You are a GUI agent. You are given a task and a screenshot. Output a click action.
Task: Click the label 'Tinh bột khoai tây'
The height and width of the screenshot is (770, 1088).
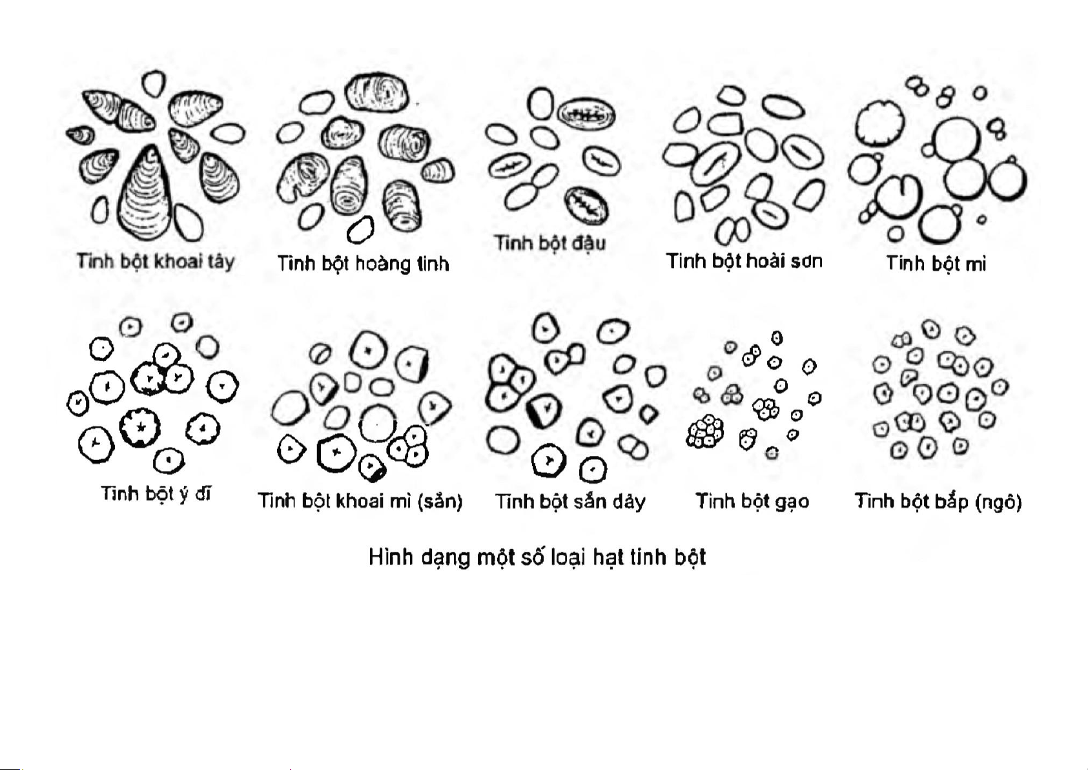point(155,261)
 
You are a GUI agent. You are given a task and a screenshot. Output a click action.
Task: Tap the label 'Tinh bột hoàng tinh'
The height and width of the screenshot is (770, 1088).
point(363,264)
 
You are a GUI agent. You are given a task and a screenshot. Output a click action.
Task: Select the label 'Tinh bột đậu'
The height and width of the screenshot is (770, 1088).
point(549,243)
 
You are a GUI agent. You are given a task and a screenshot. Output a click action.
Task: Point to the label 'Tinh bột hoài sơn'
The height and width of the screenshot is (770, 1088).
point(744,261)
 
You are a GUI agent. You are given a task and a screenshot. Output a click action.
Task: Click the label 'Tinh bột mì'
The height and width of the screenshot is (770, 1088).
point(936,264)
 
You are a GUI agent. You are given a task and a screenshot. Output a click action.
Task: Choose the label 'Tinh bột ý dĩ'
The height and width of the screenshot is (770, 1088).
point(156,494)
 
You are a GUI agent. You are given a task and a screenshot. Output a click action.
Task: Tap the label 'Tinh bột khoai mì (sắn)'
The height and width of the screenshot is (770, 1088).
point(360,501)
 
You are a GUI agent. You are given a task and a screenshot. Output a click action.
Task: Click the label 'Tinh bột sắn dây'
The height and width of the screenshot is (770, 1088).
point(570,501)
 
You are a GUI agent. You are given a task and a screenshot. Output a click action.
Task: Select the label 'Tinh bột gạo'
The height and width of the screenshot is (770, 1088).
point(752,501)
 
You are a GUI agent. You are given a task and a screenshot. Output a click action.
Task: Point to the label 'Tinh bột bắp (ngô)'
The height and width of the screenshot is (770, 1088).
point(938,501)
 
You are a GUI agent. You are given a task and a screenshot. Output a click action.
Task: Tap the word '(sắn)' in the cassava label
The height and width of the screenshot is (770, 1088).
point(440,501)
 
